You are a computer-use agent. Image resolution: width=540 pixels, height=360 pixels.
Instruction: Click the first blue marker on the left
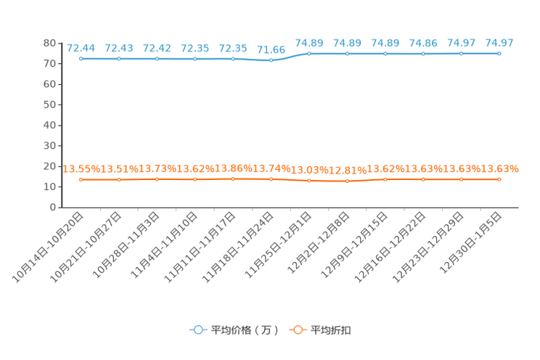81,58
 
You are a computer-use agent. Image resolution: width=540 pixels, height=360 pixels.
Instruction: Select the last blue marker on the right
499,53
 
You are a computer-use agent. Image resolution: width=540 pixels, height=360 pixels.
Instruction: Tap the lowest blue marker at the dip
271,60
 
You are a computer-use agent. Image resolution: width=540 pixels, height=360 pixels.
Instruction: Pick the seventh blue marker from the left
309,53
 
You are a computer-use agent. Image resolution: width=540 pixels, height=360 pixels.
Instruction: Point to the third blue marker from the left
157,58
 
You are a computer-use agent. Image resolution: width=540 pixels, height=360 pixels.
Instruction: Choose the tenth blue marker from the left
423,53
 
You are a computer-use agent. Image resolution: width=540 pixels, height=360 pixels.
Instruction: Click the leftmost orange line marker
81,179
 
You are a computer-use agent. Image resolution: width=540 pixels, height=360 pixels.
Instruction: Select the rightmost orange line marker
499,179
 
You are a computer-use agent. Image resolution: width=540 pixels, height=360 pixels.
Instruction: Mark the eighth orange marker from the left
348,181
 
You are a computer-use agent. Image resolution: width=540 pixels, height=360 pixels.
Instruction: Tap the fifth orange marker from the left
233,178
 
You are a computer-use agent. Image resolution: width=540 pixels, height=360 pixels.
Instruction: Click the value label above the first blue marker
81,48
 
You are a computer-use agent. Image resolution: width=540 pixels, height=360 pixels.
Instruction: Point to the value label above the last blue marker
499,43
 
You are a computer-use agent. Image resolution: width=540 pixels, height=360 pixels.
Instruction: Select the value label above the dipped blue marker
271,49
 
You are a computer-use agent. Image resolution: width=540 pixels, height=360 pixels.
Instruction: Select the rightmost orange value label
501,169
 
